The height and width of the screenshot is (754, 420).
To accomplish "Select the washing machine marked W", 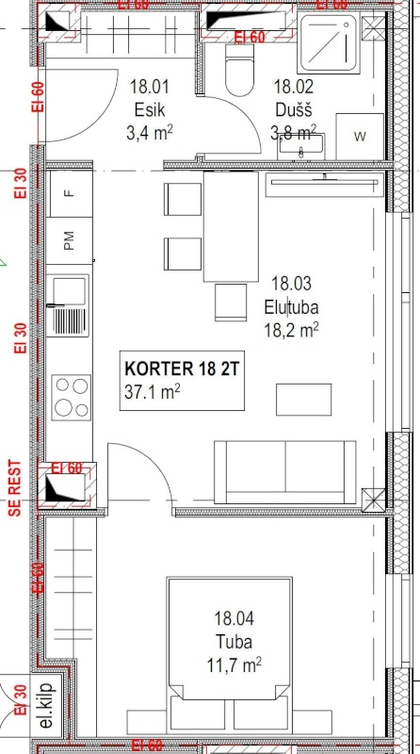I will (x=360, y=137).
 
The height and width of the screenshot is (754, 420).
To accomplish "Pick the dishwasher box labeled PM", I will (x=68, y=241).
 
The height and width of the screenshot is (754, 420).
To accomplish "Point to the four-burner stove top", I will (x=69, y=396).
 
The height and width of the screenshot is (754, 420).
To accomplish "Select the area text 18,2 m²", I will (x=291, y=329).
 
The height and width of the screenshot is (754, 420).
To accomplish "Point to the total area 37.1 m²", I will (x=152, y=391).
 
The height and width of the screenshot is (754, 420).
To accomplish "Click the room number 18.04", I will (x=234, y=619).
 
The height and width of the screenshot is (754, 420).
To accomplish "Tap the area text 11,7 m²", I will (x=235, y=665).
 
